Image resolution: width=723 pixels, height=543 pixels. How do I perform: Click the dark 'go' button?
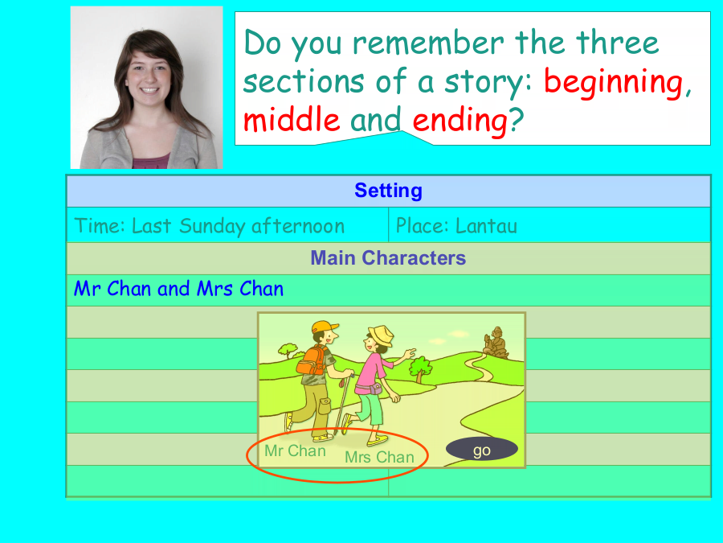point(482,449)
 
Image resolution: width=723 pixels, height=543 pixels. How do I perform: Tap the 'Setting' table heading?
point(388,190)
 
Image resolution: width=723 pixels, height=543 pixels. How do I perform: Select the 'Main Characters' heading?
point(388,257)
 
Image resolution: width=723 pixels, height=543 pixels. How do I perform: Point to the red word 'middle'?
point(292,119)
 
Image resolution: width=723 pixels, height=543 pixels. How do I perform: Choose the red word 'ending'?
point(460,121)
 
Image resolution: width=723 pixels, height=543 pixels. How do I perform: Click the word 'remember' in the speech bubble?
point(428,43)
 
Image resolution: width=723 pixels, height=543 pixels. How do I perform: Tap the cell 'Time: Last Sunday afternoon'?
point(210,226)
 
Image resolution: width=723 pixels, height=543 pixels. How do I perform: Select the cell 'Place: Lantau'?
point(456,226)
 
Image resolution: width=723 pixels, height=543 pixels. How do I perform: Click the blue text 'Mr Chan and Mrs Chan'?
point(179,289)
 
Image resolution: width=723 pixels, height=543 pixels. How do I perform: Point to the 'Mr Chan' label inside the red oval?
point(295,450)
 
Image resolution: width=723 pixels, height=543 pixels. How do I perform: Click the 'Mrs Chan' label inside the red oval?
point(379,457)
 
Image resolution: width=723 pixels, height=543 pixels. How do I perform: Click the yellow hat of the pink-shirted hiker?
point(382,335)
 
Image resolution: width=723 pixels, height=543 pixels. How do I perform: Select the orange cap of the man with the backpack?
point(325,327)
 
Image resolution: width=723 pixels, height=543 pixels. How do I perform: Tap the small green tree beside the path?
point(420,368)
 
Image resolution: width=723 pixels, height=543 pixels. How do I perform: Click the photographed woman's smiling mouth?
point(149,90)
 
